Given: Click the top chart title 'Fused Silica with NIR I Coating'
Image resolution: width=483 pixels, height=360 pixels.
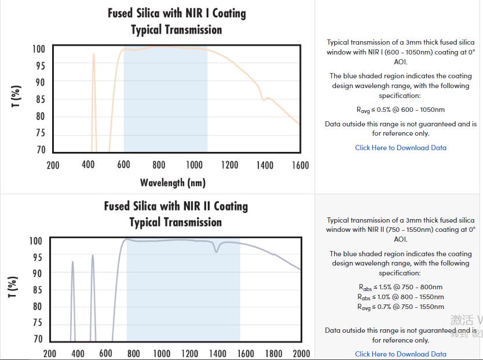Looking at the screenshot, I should click(177, 13).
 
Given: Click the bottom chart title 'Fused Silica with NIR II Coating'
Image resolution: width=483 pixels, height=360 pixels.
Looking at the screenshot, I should click(175, 206).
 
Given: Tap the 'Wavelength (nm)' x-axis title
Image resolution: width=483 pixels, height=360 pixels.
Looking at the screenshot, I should click(173, 183).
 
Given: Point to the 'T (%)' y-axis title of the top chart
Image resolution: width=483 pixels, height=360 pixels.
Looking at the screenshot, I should click(16, 96).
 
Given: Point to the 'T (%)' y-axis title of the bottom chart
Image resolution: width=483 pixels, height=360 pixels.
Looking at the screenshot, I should click(12, 288).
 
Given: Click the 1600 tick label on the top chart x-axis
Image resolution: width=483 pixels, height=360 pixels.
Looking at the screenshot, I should click(300, 165).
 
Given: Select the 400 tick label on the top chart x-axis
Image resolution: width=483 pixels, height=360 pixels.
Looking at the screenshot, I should click(88, 165).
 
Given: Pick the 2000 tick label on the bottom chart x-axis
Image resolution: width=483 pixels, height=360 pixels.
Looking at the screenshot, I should click(301, 354).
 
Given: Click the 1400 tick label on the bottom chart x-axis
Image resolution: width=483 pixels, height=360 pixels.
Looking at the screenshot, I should click(217, 354).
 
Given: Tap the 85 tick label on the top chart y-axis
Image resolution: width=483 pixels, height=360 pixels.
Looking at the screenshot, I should click(39, 100).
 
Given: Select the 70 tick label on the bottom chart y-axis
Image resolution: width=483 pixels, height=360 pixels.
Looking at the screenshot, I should click(38, 339).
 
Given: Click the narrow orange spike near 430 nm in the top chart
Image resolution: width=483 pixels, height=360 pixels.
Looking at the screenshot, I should click(93, 56).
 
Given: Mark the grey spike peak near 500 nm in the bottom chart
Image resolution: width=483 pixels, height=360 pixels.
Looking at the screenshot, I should click(92, 256).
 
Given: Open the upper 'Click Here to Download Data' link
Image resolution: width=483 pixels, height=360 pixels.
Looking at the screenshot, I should click(400, 148).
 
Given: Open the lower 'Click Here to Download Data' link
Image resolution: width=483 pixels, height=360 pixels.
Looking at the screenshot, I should click(400, 354).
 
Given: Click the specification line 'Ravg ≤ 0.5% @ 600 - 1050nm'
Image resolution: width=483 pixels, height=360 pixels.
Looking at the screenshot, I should click(400, 110).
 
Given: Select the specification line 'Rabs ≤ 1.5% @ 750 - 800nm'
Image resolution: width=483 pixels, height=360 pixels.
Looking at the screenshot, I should click(400, 287).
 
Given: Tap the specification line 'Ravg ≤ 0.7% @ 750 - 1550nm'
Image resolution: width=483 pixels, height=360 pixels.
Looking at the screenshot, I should click(400, 307).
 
